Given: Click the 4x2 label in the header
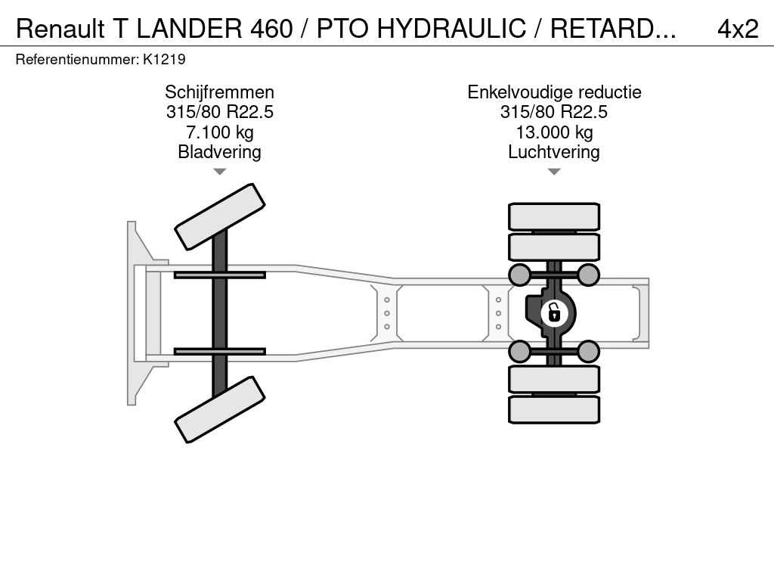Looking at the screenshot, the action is point(738,29).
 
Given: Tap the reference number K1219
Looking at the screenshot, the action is point(164,60).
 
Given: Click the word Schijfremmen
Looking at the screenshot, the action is point(220,92).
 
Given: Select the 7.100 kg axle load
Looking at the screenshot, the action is point(220,132).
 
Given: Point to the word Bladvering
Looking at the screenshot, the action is point(220,152).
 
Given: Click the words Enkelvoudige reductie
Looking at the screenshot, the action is point(554,92).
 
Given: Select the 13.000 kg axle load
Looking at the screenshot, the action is point(554,132).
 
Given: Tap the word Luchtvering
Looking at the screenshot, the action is point(554,152).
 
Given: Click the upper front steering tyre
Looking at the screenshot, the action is point(220,216).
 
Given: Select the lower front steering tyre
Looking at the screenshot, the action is point(220,409).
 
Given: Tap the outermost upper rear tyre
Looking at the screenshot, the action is point(554,216).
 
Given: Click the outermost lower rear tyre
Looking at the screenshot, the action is point(554,409).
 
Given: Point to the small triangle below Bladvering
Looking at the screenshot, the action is point(220,172).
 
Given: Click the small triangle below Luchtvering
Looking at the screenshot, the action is point(554,172).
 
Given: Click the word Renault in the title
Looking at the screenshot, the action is point(60,29).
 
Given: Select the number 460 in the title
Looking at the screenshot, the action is point(271,29).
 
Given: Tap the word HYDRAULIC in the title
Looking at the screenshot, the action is point(451,29).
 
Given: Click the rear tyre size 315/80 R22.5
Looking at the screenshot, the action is point(554,112).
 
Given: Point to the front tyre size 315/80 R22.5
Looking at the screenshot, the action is point(220,112).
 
